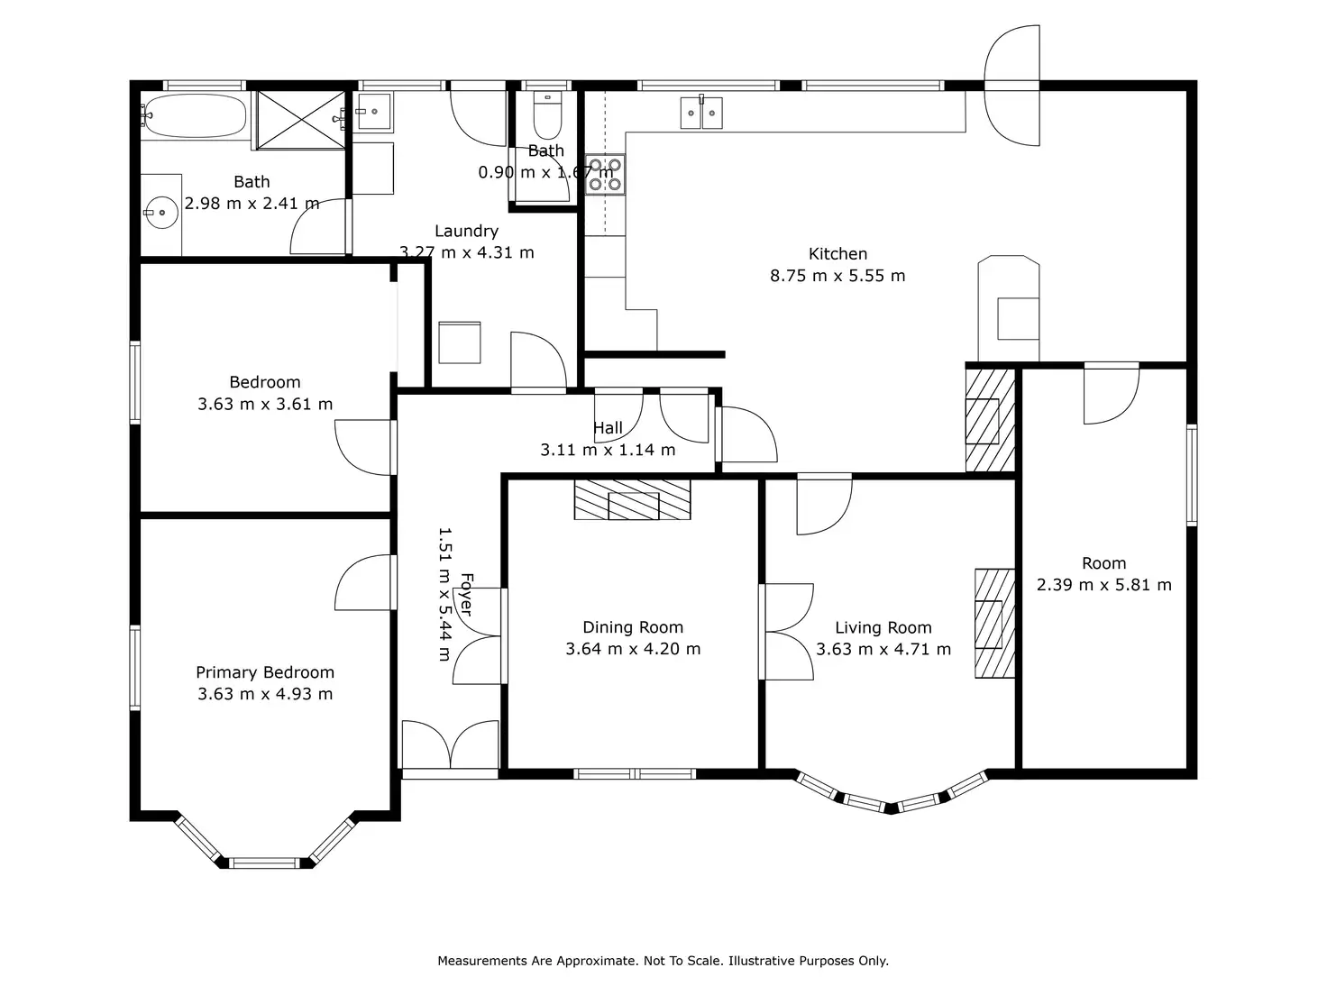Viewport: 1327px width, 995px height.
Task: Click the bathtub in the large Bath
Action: click(196, 116)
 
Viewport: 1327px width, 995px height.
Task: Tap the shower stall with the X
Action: click(300, 120)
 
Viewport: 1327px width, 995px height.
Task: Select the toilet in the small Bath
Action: click(547, 114)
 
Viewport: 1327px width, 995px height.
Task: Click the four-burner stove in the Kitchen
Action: click(605, 175)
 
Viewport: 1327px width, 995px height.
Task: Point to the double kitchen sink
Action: click(701, 113)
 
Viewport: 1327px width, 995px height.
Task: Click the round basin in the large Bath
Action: click(162, 213)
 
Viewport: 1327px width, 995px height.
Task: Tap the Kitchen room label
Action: click(837, 254)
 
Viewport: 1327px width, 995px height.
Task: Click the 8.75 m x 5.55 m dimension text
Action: click(837, 276)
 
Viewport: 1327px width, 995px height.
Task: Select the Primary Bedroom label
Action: click(265, 672)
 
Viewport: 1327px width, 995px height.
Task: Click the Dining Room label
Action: click(633, 627)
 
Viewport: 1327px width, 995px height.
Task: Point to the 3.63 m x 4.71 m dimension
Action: click(883, 650)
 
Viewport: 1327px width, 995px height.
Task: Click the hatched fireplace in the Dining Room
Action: click(632, 499)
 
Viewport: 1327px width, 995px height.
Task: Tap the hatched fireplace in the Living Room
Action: click(994, 623)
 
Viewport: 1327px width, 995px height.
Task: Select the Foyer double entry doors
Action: click(450, 746)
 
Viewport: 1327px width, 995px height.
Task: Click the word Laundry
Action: click(466, 232)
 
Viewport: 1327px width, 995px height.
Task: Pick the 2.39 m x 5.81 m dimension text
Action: click(1104, 585)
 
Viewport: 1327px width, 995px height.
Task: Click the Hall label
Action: click(608, 428)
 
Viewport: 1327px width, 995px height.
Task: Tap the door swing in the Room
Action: click(1112, 394)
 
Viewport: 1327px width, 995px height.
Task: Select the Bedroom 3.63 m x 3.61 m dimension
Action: click(265, 404)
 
